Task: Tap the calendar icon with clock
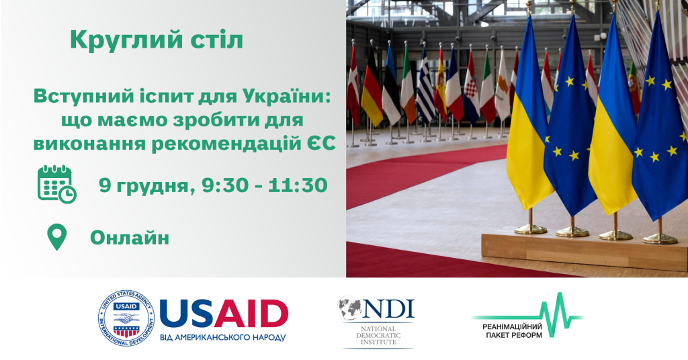[56, 185]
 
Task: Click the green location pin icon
[57, 237]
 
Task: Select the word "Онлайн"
[130, 238]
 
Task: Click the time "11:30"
[298, 185]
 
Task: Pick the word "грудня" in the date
[157, 187]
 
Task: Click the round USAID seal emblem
[126, 318]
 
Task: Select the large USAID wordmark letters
[224, 314]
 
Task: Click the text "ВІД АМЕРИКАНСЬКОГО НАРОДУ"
[223, 338]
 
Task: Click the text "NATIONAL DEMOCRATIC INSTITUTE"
[378, 335]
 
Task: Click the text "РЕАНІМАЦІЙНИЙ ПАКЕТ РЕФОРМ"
[513, 331]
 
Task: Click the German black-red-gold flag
[372, 88]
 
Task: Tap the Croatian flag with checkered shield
[471, 88]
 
